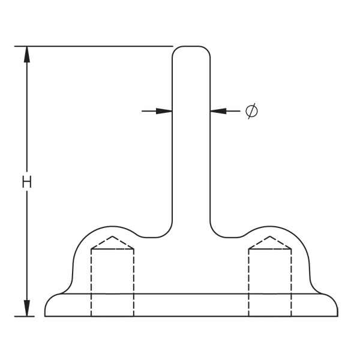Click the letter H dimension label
[26, 182]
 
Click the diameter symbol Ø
[252, 110]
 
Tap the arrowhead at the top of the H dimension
[26, 54]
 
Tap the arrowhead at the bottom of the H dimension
[26, 308]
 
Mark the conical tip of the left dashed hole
[112, 240]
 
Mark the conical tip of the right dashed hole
[270, 240]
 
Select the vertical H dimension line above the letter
[26, 114]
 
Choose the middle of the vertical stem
[191, 144]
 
